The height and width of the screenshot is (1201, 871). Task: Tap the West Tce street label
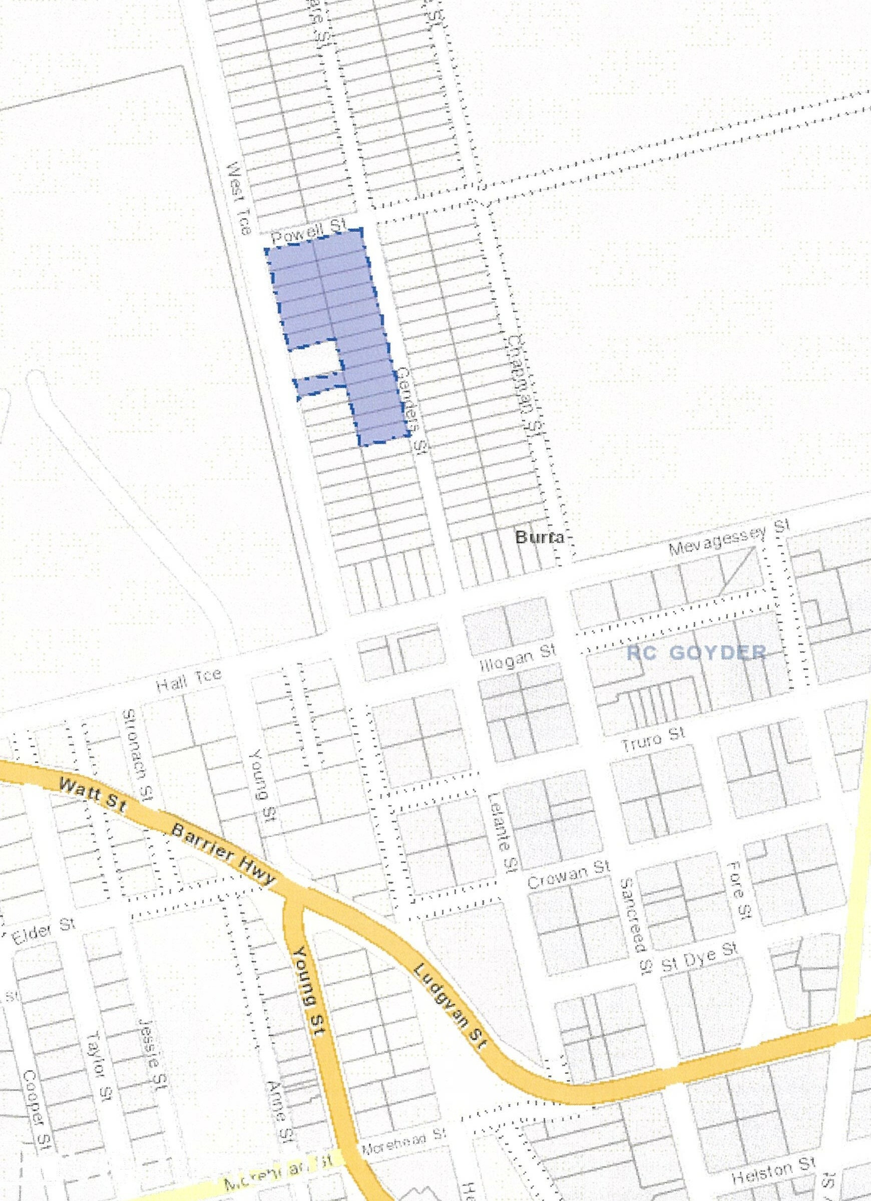[238, 198]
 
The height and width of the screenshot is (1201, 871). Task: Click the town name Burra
[539, 537]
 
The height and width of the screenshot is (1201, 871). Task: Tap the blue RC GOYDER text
[696, 652]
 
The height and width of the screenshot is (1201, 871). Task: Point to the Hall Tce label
[188, 680]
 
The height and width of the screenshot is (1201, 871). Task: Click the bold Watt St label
[91, 795]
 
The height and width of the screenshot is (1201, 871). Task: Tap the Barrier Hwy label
[224, 854]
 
